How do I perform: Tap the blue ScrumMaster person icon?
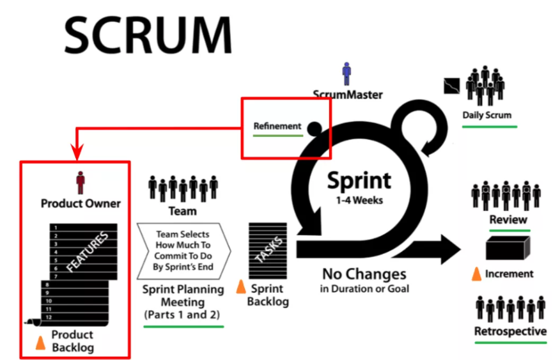pos(346,74)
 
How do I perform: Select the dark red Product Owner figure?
pos(80,183)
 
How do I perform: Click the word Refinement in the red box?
pos(277,125)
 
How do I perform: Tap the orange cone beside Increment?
pos(476,274)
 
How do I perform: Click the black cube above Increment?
pos(509,248)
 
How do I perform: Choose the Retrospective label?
pos(510,331)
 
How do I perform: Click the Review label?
pos(508,220)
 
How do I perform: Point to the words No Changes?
pos(364,274)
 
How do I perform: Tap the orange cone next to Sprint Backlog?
pos(241,287)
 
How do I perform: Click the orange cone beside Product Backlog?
pos(40,343)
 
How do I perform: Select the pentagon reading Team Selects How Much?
pos(184,251)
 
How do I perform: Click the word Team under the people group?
pos(183,210)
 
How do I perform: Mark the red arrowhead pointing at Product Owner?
pos(76,153)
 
